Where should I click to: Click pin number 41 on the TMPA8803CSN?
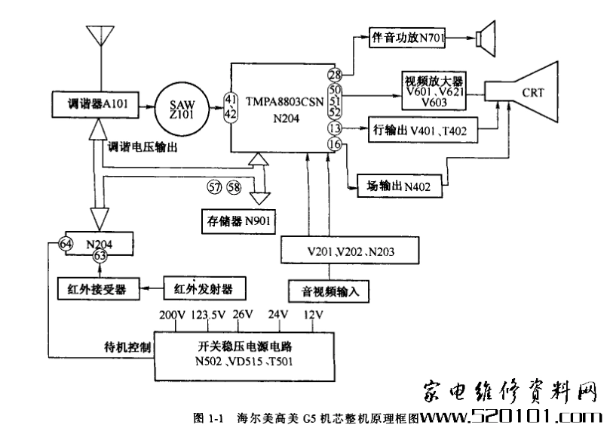click(231, 99)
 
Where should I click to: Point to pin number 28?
click(335, 75)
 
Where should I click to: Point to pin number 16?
click(335, 143)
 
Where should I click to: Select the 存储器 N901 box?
click(238, 221)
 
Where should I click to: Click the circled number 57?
click(216, 185)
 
